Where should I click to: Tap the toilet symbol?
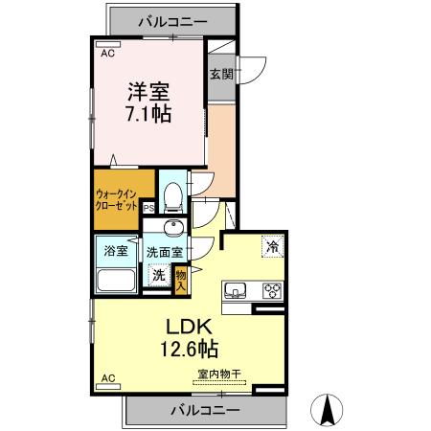(x=173, y=196)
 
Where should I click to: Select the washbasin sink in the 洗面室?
(x=174, y=227)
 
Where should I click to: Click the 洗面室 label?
(x=167, y=252)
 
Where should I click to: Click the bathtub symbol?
(x=117, y=282)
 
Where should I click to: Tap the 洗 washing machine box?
(x=159, y=276)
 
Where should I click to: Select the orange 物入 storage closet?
(x=180, y=278)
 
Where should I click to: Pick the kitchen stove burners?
(x=271, y=291)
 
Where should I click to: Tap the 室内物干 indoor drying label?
(x=218, y=374)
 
